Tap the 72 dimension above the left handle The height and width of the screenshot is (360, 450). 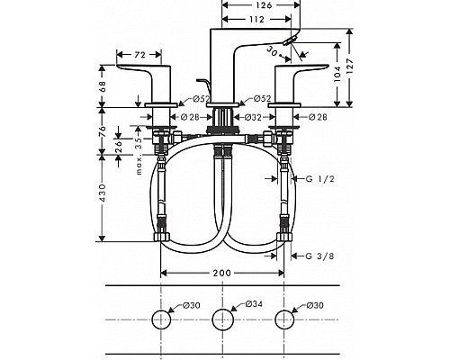[139, 56]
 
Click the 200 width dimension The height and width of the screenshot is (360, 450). [222, 274]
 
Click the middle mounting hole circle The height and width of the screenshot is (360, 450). [222, 319]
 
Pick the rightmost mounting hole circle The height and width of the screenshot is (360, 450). [285, 319]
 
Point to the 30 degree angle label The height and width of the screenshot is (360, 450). [272, 53]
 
